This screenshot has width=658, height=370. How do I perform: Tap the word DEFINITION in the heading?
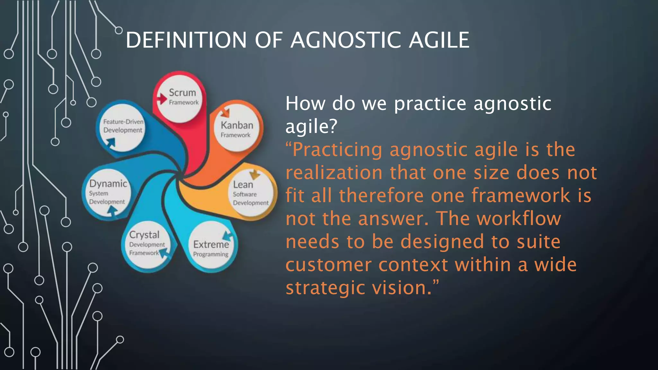[186, 40]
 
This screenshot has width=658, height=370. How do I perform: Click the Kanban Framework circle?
[237, 129]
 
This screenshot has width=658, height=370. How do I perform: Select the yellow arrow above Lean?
[255, 174]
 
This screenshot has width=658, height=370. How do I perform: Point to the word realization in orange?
[334, 173]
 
